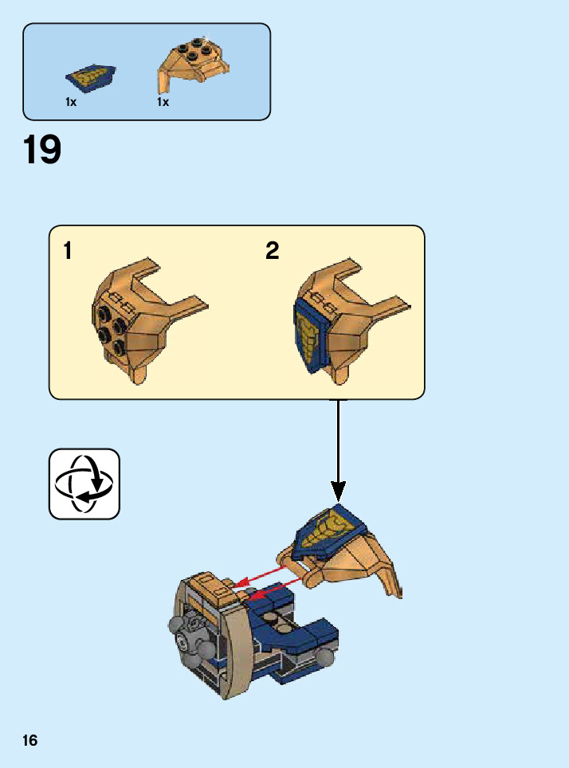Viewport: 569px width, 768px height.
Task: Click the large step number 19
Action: [x=43, y=151]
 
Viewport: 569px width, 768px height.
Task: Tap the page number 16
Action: [x=30, y=741]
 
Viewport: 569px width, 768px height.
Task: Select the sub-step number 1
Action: [x=68, y=252]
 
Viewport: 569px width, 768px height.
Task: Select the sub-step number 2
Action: [x=273, y=252]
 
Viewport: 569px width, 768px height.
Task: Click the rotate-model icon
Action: [x=84, y=484]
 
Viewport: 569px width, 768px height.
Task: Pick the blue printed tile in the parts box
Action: [x=90, y=78]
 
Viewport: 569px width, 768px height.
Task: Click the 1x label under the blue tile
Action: [x=71, y=102]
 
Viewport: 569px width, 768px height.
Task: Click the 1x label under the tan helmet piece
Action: [x=163, y=102]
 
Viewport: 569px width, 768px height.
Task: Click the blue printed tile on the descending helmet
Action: [x=329, y=532]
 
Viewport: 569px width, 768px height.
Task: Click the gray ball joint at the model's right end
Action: [x=324, y=658]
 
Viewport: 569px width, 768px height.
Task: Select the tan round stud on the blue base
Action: [x=273, y=616]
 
